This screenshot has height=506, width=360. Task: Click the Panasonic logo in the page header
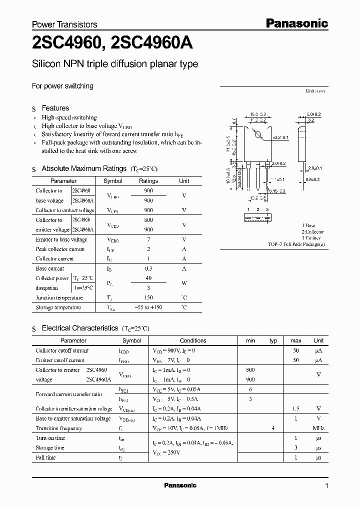296,23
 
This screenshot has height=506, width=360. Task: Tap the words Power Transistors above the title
64,24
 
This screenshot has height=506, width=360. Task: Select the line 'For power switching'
62,86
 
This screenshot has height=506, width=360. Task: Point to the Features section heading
55,108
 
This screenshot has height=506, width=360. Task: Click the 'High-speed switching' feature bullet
69,117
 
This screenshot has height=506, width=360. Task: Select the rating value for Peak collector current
148,249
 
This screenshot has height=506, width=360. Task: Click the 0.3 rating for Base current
148,268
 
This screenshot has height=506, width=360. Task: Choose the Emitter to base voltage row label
61,239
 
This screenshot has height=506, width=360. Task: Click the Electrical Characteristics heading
79,328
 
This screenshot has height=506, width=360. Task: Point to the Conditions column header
192,340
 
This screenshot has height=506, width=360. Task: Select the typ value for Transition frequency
273,428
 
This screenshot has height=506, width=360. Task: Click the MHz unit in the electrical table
318,428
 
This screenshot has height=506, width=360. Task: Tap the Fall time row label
46,457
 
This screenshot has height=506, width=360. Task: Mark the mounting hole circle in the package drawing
258,134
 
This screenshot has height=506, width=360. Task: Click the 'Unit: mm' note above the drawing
315,91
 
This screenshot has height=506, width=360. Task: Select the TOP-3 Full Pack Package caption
296,244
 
